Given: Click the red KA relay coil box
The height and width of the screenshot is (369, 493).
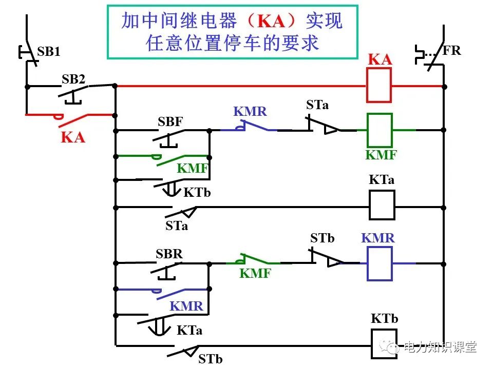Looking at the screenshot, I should pos(379,85).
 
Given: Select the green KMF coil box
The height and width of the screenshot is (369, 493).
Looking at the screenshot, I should pos(380,130).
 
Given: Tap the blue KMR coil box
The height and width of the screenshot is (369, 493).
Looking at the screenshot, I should pos(380,263).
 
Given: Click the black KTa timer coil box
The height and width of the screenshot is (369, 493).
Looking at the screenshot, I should pos(382,205).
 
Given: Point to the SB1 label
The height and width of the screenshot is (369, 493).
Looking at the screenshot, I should pos(49,52).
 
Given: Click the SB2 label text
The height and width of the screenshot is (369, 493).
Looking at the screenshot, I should pos(73,79).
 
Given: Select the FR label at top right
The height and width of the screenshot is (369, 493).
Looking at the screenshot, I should pos(452,50).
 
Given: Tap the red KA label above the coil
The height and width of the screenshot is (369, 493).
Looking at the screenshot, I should pos(380,59).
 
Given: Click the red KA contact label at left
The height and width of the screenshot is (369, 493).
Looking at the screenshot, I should pos(73,137).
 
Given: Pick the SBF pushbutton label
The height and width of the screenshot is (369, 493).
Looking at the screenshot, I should pos(170,122).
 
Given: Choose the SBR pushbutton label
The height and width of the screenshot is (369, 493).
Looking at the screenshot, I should pos(169,254).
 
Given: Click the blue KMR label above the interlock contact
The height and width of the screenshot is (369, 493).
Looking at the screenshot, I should pos(251,111).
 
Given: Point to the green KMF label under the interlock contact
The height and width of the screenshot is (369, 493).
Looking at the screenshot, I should pos(255,274).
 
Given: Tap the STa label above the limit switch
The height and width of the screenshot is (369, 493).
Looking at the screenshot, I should pos(317,105).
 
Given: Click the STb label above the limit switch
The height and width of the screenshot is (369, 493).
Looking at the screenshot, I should pos(322,238).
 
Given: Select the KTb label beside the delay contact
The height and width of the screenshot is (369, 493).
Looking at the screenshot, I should pos(197,193).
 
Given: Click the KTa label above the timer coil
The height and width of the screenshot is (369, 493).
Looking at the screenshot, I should pos(382,180).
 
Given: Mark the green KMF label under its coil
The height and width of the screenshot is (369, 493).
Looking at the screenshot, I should pos(381,155).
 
